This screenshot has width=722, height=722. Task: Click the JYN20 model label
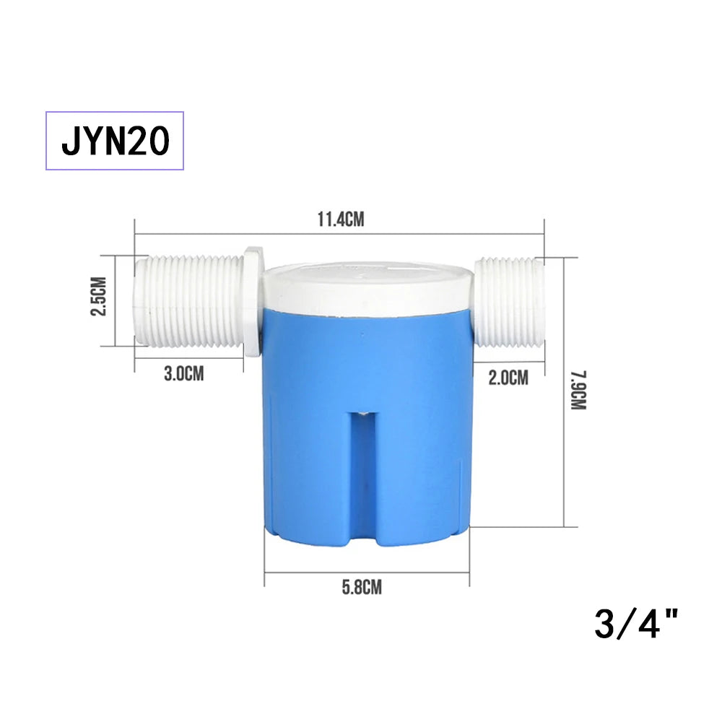pos(116,141)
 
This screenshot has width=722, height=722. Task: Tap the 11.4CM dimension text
pos(340,219)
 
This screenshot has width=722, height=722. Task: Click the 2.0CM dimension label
pos(508,377)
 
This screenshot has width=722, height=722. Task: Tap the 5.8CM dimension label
pos(362,587)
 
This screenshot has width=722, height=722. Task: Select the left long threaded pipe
pos(189,301)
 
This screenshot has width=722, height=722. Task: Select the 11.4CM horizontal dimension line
pos(217,233)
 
